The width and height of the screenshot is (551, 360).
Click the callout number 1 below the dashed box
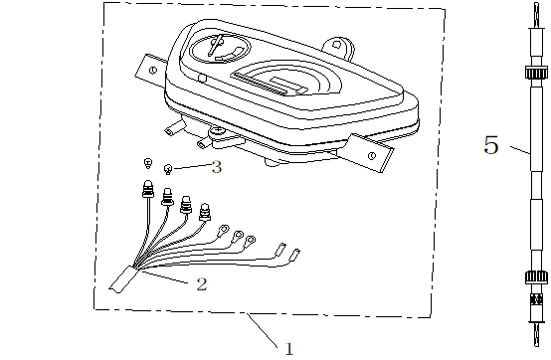click(289, 348)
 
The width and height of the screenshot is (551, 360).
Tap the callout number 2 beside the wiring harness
click(201, 284)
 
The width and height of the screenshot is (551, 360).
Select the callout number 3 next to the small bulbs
click(217, 167)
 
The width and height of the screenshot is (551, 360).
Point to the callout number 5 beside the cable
click(491, 145)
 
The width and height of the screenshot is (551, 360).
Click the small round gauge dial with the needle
click(220, 48)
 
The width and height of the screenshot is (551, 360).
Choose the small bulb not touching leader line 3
click(147, 162)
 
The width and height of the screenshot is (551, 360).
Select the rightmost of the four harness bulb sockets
click(206, 211)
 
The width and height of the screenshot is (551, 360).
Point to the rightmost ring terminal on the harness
click(251, 240)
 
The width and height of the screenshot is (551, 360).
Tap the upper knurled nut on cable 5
click(534, 77)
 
